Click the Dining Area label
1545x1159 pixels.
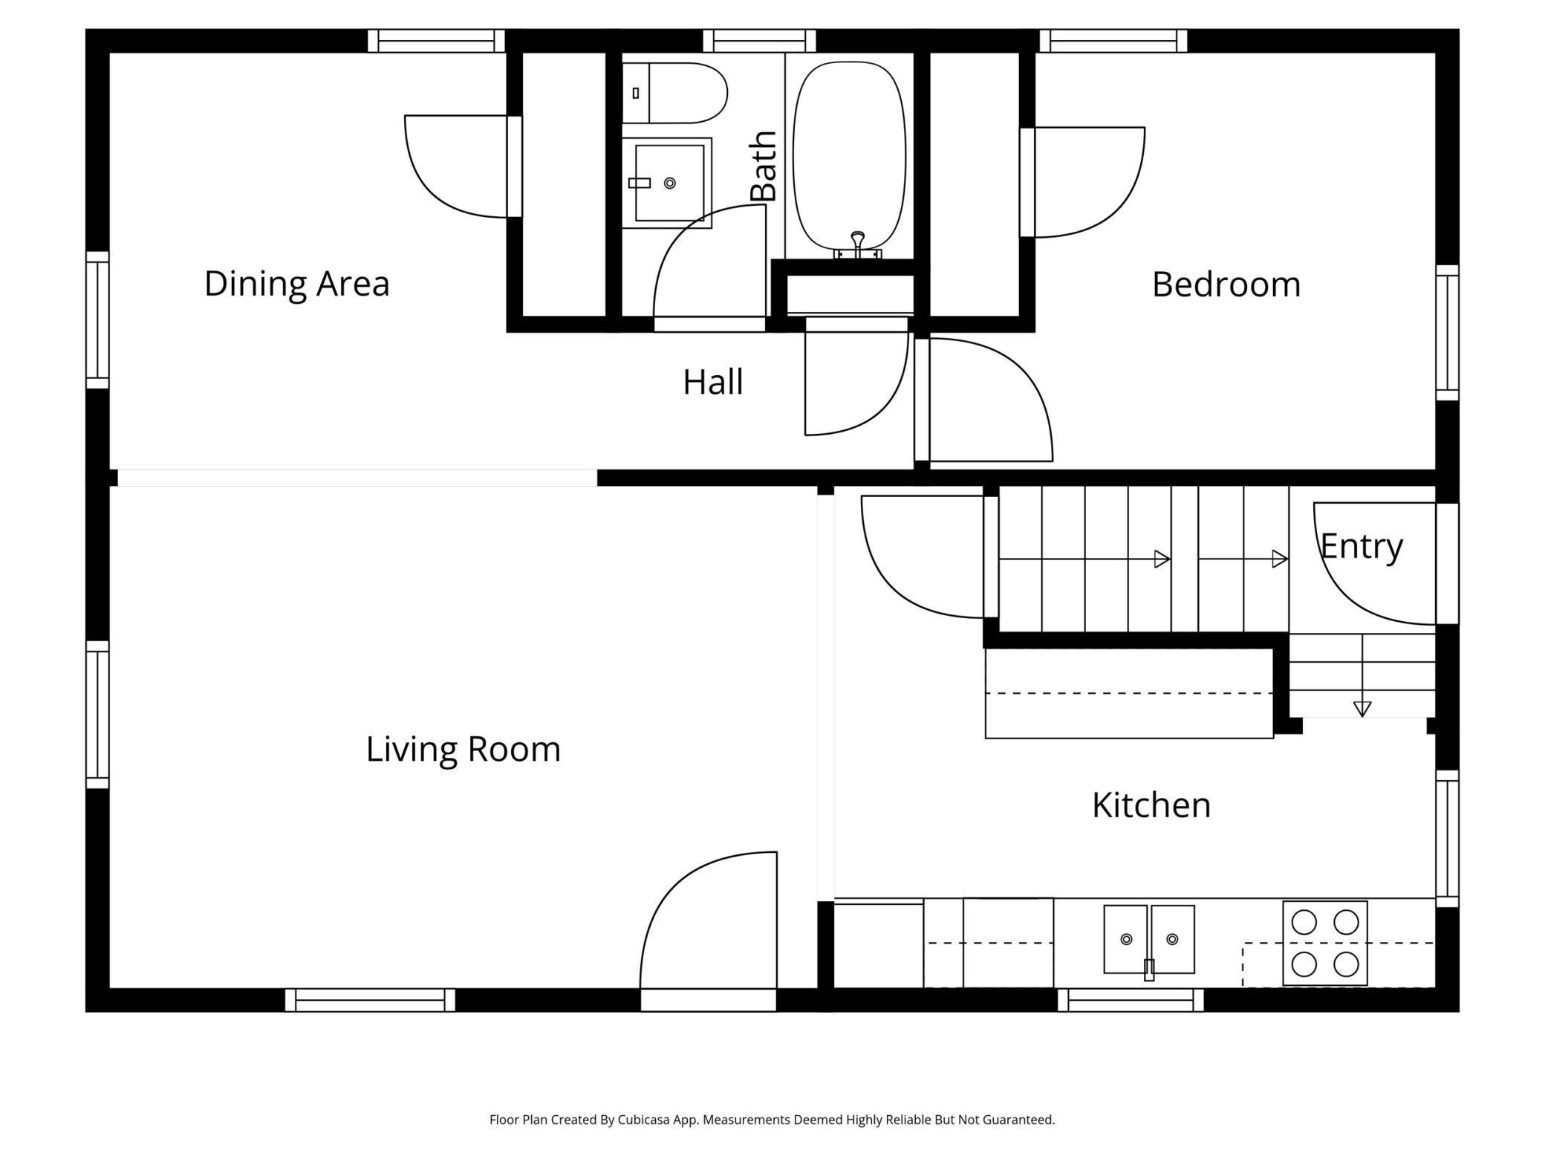296,284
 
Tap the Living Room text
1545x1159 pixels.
463,749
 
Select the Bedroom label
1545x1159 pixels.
1226,285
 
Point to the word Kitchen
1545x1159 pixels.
1151,805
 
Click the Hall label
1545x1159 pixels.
713,383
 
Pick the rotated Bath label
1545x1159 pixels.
764,166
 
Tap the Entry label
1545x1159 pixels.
1362,548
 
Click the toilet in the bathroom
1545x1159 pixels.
674,93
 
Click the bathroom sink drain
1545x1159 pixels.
670,183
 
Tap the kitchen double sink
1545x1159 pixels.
1149,940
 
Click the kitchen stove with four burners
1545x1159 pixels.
1325,944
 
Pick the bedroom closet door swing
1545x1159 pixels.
1090,183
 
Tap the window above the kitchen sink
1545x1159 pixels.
1131,1000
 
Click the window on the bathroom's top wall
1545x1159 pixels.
759,41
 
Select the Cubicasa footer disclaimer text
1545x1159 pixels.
772,1120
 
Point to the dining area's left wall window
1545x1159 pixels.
97,320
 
